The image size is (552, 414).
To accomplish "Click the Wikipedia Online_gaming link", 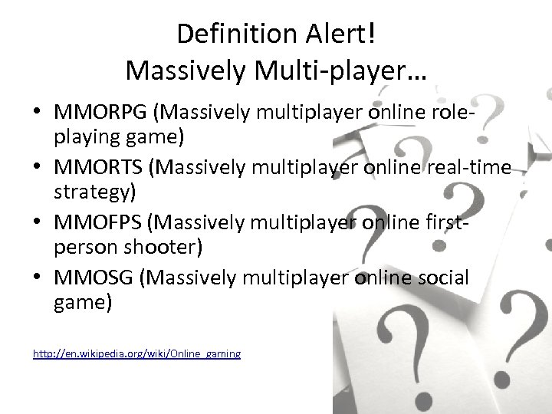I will [136, 353].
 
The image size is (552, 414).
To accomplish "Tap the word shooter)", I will [159, 249].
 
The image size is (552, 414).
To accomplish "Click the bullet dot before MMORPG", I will [38, 113].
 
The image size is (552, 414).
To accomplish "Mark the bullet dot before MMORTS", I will [38, 168].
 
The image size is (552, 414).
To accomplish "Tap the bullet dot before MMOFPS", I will [38, 222].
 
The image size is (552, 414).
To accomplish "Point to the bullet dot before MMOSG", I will [38, 277].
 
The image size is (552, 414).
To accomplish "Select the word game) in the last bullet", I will [83, 304].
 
